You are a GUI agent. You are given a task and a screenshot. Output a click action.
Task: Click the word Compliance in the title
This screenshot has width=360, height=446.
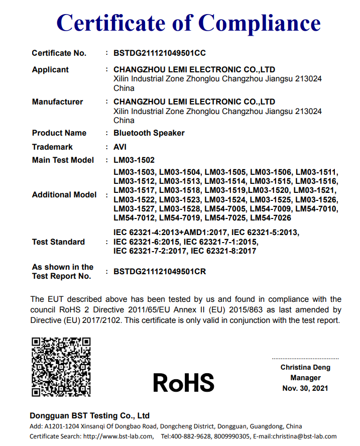260,23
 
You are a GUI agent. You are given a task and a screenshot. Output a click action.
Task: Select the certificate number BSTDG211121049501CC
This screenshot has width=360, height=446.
160,53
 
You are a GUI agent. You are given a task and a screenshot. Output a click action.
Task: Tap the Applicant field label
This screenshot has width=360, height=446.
50,69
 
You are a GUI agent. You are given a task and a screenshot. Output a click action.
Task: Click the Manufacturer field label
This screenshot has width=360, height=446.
57,101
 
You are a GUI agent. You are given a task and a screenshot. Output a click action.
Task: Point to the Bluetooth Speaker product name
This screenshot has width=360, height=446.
149,133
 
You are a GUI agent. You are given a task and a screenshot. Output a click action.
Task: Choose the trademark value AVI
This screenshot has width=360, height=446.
120,147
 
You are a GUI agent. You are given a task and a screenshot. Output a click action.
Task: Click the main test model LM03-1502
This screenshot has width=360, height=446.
134,160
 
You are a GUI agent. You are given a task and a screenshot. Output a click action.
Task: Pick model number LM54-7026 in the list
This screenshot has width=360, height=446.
270,218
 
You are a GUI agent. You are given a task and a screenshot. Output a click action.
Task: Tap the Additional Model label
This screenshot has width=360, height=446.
64,195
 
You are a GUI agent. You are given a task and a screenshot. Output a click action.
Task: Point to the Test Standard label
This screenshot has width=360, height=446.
58,242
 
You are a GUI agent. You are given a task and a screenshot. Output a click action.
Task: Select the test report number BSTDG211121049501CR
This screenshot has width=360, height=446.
160,272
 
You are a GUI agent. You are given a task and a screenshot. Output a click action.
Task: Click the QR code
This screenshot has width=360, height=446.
61,366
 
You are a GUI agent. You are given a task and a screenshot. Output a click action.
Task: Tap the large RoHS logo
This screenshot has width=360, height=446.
184,383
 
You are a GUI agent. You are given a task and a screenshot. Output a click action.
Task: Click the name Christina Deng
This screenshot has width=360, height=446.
305,368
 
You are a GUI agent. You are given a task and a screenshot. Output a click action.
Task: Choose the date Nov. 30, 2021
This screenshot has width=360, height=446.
305,388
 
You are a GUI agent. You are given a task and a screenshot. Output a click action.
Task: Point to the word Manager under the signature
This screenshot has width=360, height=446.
305,378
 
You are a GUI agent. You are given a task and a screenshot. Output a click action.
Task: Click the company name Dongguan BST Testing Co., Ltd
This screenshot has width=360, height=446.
89,416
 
